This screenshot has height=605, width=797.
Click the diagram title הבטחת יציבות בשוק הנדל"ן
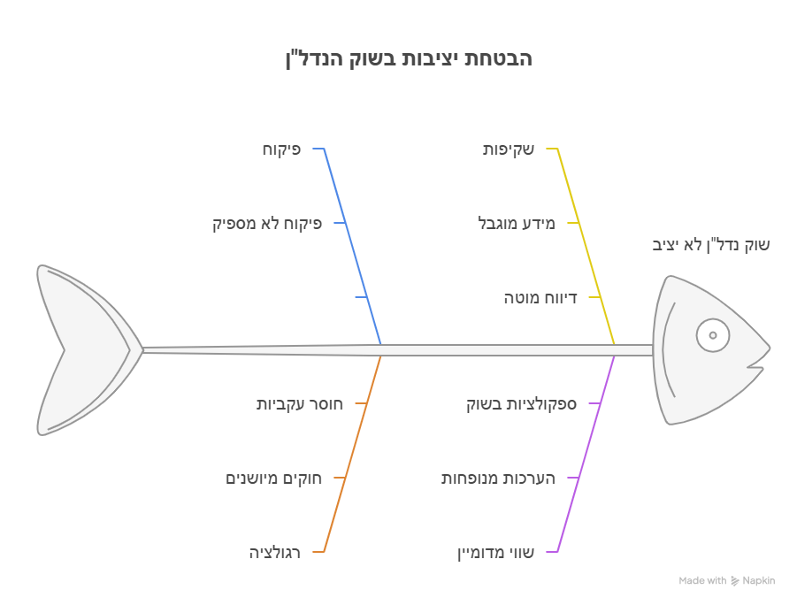[409, 58]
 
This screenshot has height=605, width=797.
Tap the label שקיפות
[509, 149]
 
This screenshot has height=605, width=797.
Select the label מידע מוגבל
[517, 223]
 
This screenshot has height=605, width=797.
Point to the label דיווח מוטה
[540, 297]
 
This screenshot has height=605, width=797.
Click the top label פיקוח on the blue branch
[281, 149]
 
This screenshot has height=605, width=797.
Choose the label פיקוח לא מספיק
[267, 224]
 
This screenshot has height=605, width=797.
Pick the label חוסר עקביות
[299, 404]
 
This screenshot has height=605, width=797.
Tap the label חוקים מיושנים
[273, 479]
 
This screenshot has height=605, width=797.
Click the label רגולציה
[274, 552]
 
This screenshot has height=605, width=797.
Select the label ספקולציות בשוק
[522, 404]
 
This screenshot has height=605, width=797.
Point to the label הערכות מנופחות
[498, 479]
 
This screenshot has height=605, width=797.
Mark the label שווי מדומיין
[495, 552]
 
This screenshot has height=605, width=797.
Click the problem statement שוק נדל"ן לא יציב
[710, 245]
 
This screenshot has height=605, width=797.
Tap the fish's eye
[713, 335]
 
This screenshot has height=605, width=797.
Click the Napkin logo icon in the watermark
[735, 580]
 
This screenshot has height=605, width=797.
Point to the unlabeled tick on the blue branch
[361, 297]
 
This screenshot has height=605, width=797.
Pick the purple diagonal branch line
[586, 454]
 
